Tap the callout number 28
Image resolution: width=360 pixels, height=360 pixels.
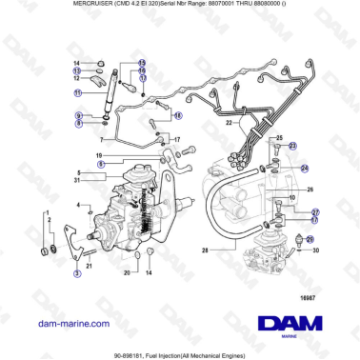[x=204, y=250]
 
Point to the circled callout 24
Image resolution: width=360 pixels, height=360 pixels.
[x=305, y=168]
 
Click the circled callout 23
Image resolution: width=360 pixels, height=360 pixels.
[x=292, y=145]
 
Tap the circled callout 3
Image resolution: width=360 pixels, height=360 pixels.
[x=77, y=273]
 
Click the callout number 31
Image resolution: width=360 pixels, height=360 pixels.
[x=78, y=180]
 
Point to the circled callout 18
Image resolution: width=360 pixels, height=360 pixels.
[x=177, y=114]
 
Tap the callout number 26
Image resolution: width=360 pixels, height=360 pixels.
[x=310, y=189]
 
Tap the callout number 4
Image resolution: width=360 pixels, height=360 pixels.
[x=78, y=204]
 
